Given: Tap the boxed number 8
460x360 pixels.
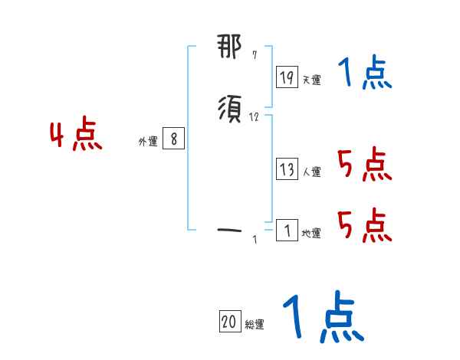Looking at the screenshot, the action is [x=174, y=139].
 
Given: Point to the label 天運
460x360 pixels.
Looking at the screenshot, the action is [x=311, y=80].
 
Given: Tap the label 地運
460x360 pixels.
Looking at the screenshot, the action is [x=311, y=233].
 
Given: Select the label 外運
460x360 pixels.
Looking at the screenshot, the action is [x=148, y=142].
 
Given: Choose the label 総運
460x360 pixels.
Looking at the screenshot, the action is [x=255, y=325].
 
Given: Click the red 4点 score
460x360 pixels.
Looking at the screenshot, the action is [x=76, y=136].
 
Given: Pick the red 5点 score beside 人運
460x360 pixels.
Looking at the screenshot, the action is [x=363, y=165].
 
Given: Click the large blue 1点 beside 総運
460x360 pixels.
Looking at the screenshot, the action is [x=322, y=317].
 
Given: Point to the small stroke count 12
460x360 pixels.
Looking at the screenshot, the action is [x=255, y=117].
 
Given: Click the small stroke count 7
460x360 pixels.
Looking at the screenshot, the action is [x=255, y=55].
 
